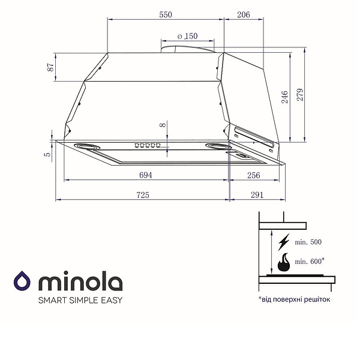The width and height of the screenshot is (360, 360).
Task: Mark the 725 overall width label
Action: (x=142, y=195)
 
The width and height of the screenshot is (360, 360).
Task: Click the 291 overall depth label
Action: (x=257, y=195)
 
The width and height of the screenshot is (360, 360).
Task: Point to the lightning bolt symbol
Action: (x=283, y=242)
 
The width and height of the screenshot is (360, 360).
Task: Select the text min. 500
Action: (x=308, y=242)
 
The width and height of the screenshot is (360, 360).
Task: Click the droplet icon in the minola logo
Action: (x=22, y=282)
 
